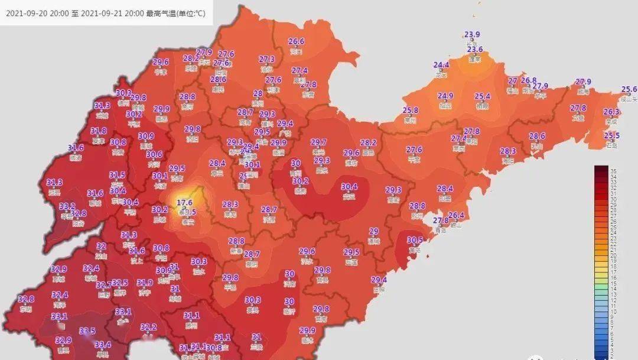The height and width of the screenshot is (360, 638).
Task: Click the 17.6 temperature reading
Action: point(185,202)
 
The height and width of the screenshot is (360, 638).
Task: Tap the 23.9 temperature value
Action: point(472,34)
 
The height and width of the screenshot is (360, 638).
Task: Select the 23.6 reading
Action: point(475,50)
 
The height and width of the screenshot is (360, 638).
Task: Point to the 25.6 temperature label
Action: point(629,90)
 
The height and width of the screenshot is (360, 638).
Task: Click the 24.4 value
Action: point(441,65)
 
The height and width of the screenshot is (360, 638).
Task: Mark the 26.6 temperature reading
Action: point(296,41)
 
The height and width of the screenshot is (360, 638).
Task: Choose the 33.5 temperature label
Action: point(87,331)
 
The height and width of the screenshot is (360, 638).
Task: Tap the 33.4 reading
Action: point(103,345)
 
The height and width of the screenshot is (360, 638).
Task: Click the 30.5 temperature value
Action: point(415,240)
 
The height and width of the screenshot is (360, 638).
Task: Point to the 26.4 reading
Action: point(456,215)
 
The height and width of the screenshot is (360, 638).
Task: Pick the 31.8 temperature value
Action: point(99,131)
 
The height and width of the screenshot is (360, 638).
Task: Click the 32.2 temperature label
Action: point(148,327)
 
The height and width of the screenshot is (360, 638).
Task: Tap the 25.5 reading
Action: point(611,135)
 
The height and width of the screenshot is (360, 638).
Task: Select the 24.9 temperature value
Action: point(445,96)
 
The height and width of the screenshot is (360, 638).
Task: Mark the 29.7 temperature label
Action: point(318,142)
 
